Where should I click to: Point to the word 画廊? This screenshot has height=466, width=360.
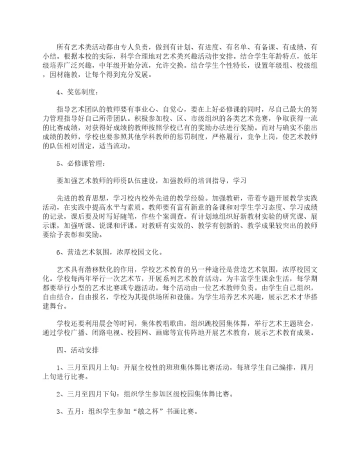point(170,333)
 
